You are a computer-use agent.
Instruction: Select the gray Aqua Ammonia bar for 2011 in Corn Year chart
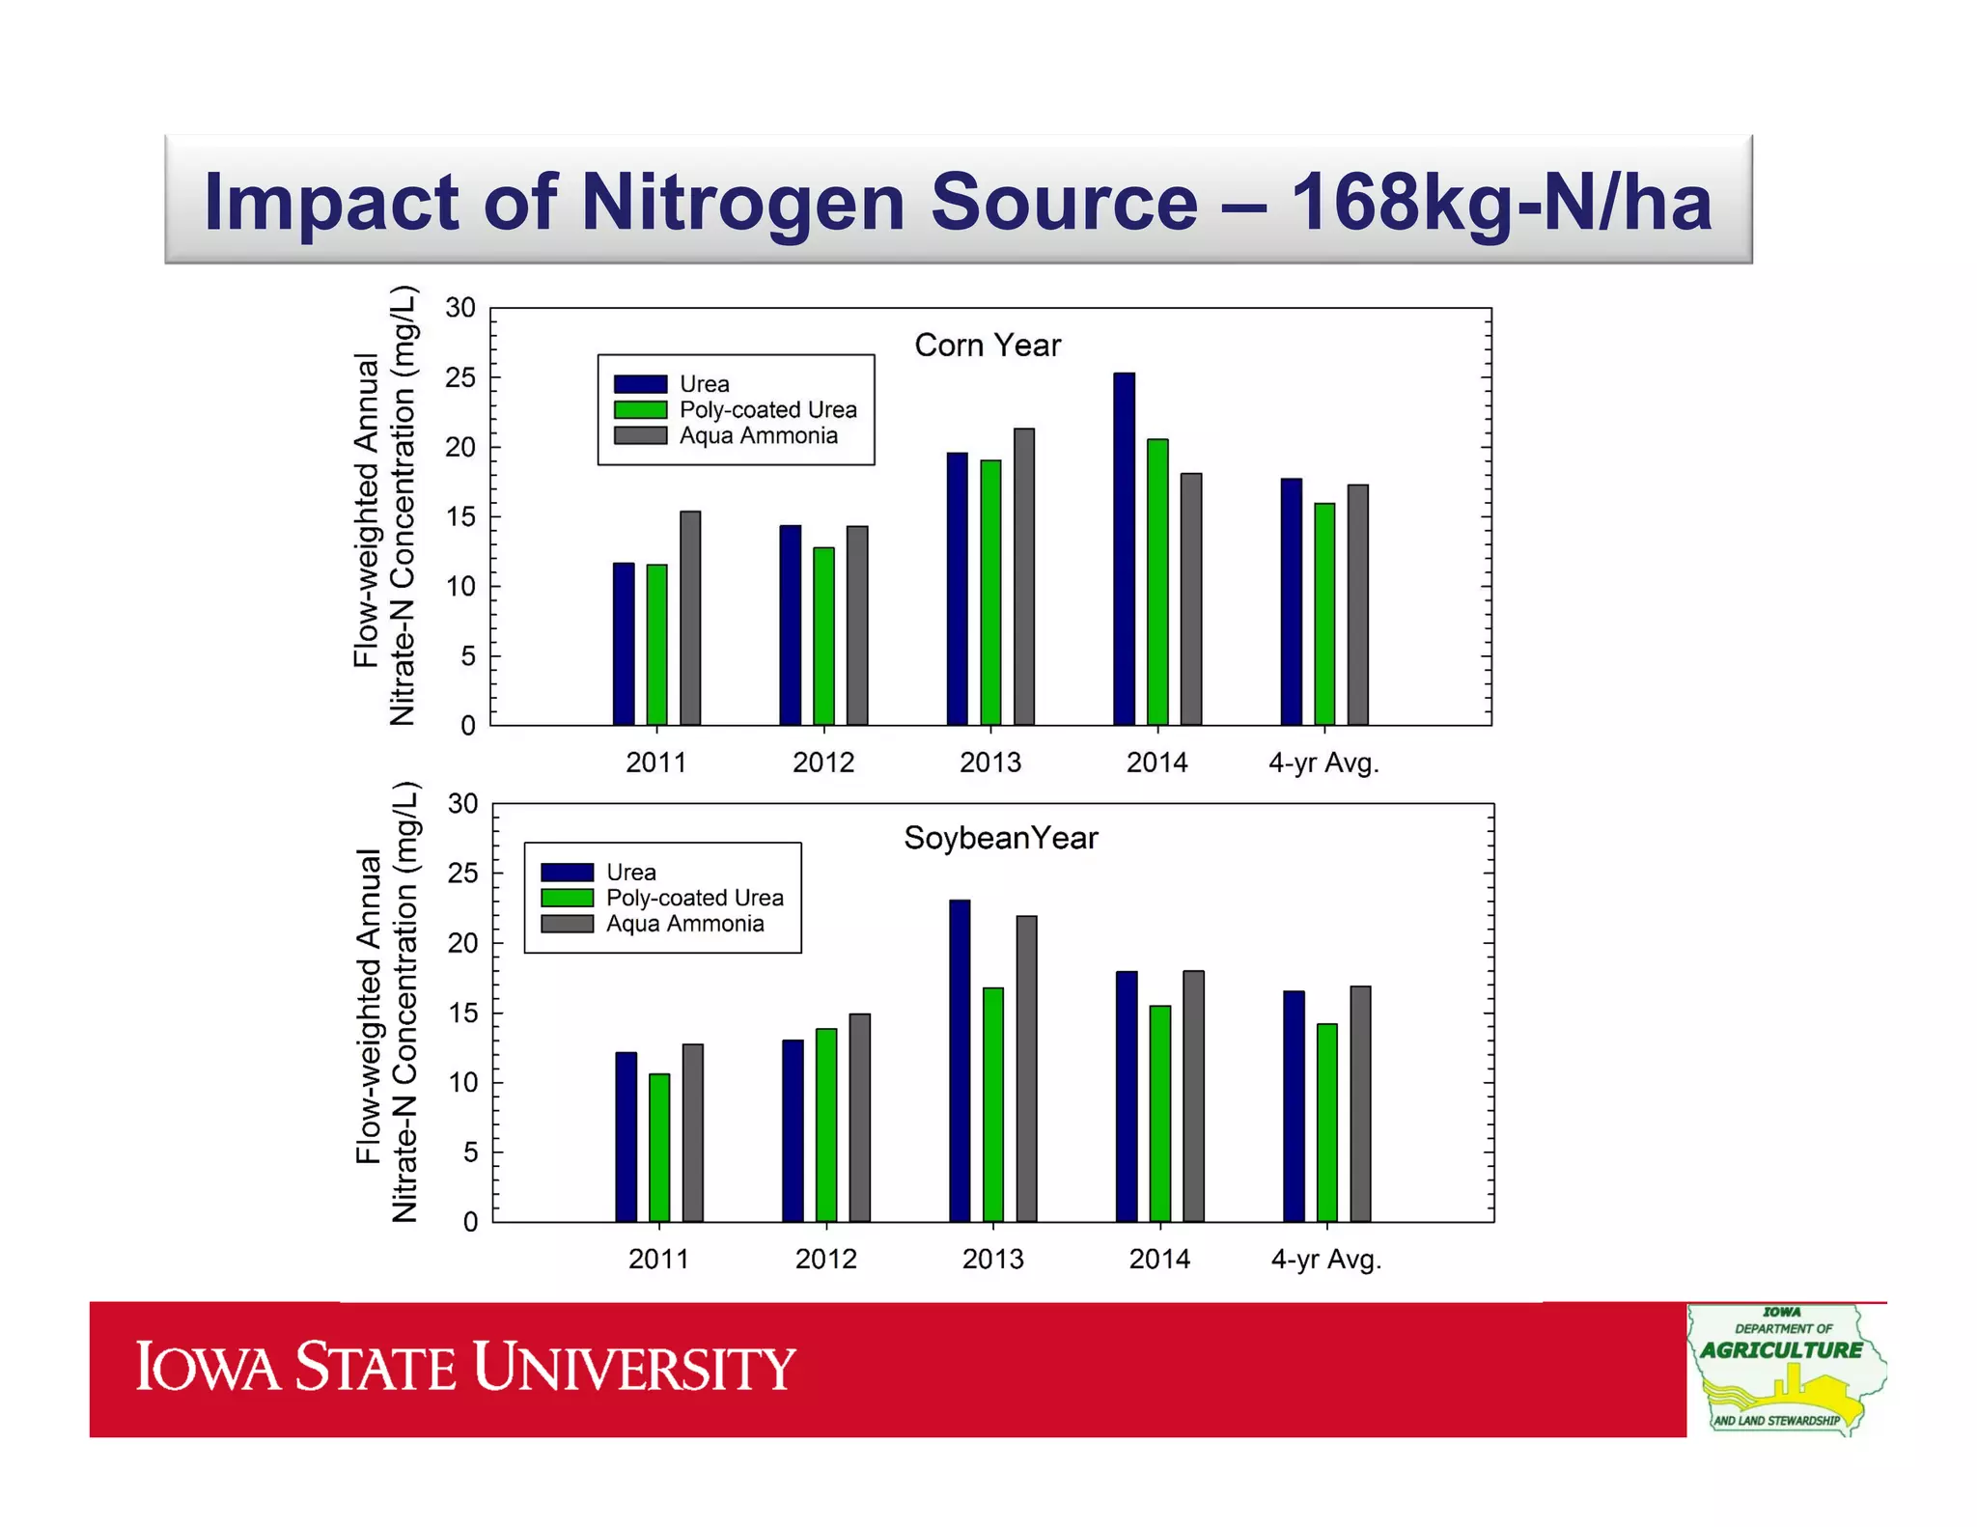pyautogui.click(x=690, y=618)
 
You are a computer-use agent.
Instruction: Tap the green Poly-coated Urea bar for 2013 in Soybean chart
pyautogui.click(x=993, y=1104)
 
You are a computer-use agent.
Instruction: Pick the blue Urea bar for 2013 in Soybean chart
pyautogui.click(x=960, y=1061)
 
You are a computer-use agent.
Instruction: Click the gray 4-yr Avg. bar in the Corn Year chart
pyautogui.click(x=1358, y=604)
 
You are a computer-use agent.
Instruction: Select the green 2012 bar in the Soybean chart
pyautogui.click(x=826, y=1124)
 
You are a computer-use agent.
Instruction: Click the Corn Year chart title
pyautogui.click(x=987, y=346)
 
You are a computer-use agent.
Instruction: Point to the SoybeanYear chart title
pyautogui.click(x=1000, y=838)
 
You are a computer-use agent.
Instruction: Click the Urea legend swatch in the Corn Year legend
pyautogui.click(x=640, y=384)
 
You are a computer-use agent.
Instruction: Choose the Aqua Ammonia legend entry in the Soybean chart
pyautogui.click(x=684, y=924)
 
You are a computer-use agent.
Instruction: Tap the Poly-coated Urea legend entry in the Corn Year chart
pyautogui.click(x=767, y=410)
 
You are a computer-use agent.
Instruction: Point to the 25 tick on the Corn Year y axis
pyautogui.click(x=460, y=378)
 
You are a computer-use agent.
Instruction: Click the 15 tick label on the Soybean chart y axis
pyautogui.click(x=462, y=1013)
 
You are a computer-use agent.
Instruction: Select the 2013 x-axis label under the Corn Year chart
pyautogui.click(x=989, y=763)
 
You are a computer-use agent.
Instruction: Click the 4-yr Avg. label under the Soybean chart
pyautogui.click(x=1325, y=1259)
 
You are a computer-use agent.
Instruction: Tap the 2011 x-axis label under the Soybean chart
pyautogui.click(x=658, y=1259)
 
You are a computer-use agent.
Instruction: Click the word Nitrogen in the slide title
pyautogui.click(x=744, y=203)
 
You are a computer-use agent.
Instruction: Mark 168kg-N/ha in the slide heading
pyautogui.click(x=1500, y=203)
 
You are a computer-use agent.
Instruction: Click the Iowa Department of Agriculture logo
pyautogui.click(x=1785, y=1370)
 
